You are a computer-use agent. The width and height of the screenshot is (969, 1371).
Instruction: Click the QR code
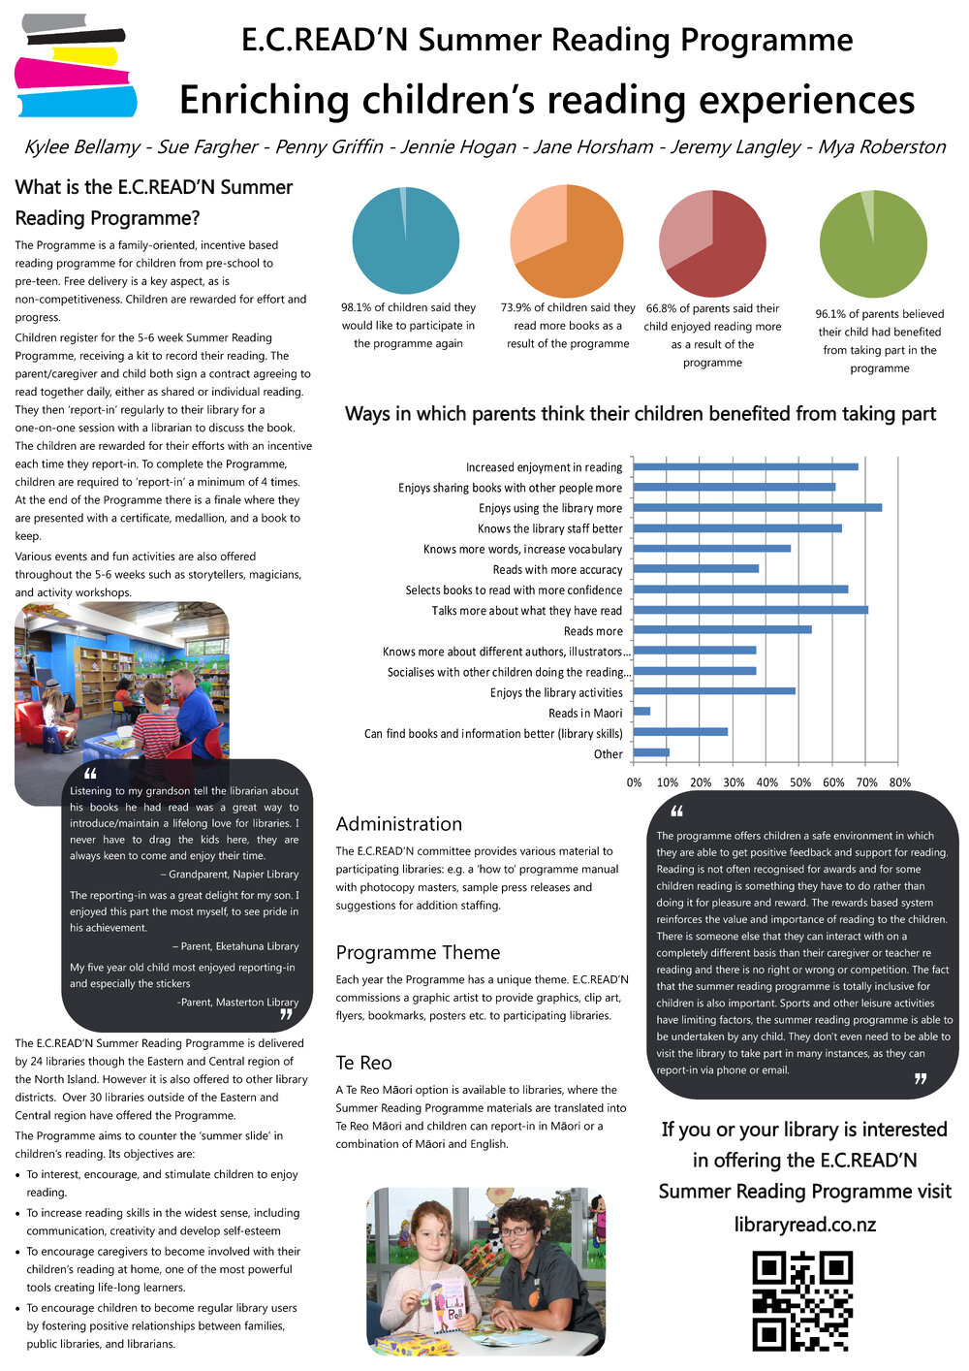[802, 1300]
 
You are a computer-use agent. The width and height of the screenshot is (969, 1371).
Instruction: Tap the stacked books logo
[75, 65]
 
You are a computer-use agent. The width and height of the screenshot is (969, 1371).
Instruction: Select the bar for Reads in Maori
[641, 712]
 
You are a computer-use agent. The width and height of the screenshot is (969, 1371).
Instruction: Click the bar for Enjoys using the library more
[757, 507]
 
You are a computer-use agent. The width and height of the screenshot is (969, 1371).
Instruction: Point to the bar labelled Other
[651, 752]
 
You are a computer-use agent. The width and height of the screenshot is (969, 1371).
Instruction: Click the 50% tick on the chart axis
[800, 782]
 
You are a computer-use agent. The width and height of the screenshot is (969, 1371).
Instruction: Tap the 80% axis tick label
[900, 782]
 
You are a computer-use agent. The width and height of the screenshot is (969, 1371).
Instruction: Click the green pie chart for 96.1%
[873, 243]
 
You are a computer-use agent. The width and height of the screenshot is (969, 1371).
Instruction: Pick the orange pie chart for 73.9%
[567, 241]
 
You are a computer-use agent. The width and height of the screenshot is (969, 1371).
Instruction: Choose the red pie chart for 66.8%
[712, 242]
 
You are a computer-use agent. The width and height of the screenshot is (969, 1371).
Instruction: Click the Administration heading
[399, 824]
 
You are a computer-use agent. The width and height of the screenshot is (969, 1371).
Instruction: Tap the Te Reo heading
[364, 1063]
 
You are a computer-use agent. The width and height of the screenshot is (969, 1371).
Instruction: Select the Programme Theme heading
[418, 952]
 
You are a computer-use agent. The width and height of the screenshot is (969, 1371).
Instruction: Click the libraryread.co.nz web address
[804, 1224]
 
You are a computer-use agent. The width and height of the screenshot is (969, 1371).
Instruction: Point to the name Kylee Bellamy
[82, 147]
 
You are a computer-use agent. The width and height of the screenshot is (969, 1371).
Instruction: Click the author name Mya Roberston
[882, 147]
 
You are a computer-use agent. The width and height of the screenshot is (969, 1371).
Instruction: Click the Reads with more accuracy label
[557, 570]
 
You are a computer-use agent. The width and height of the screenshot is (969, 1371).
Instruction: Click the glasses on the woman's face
[516, 1231]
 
